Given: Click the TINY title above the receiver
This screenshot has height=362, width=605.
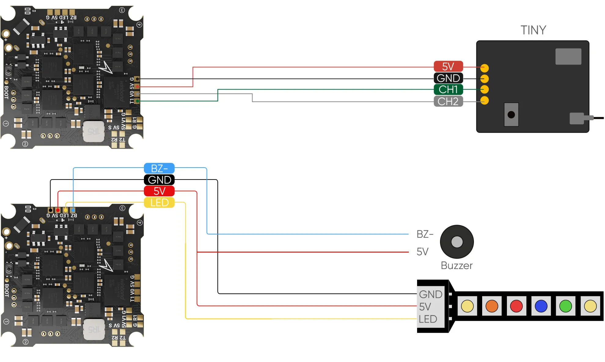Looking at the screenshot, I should (x=533, y=30).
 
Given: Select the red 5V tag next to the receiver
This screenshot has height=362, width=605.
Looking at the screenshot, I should (x=448, y=66).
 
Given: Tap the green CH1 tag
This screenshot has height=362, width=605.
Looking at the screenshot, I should (x=448, y=90).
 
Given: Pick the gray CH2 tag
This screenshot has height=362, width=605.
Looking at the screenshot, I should (x=448, y=101).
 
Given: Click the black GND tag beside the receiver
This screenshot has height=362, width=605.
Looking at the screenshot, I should (x=448, y=78).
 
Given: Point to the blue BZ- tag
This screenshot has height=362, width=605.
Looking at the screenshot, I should (x=159, y=168).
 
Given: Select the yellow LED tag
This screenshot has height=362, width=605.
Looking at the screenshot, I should (x=159, y=202).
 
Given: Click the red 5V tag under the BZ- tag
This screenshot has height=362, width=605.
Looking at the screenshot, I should (x=159, y=191).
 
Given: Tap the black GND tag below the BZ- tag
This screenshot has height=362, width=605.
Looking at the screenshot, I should (x=159, y=180).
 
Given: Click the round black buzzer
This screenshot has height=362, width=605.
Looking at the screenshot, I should (x=457, y=242).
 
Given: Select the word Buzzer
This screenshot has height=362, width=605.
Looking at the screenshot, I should (x=457, y=265).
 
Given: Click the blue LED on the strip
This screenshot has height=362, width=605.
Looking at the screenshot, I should (x=541, y=306).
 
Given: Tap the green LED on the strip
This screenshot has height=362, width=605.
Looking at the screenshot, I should (x=566, y=306).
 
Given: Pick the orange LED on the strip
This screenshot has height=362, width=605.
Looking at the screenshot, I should (x=492, y=306).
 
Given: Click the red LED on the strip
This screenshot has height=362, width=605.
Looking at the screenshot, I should (x=516, y=306).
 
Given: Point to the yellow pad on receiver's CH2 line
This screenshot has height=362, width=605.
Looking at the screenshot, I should (x=485, y=100).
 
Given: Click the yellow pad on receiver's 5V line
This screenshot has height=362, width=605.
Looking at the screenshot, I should (x=485, y=68).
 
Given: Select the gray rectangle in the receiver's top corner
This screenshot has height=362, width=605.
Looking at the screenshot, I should (x=568, y=56).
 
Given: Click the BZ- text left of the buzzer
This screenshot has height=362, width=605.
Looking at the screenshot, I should (x=425, y=234).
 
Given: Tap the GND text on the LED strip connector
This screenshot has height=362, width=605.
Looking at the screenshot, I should (x=431, y=294).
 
